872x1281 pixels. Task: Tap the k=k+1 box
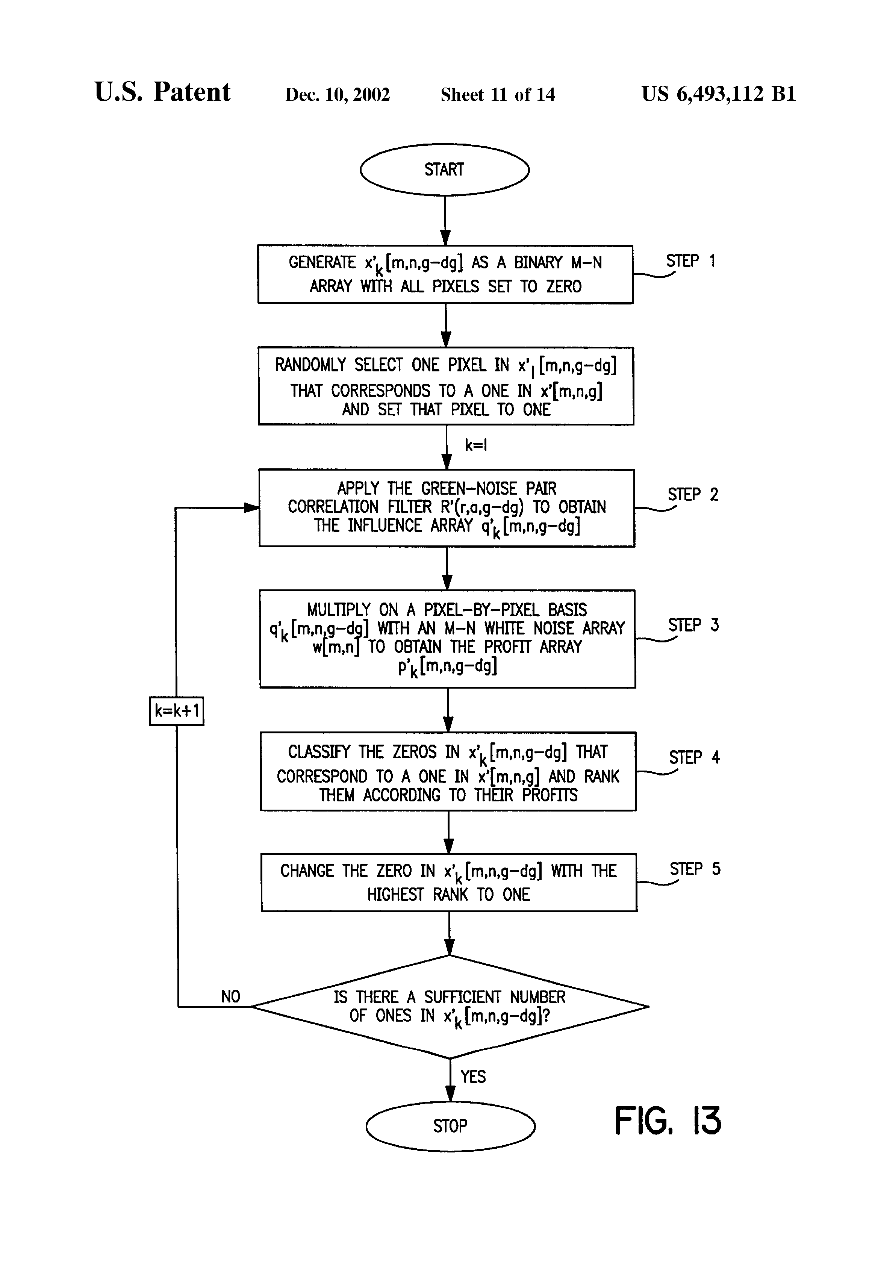point(176,711)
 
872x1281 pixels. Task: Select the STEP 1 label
point(691,261)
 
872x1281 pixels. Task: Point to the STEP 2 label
point(693,494)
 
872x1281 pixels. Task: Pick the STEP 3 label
point(693,625)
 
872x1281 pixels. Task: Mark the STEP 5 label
point(695,869)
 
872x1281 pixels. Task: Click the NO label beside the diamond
point(231,996)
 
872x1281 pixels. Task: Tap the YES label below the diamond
point(473,1077)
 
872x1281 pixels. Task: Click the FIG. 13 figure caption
point(668,1120)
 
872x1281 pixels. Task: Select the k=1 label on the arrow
point(476,445)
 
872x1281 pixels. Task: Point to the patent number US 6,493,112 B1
point(719,94)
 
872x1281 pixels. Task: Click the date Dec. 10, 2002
point(337,95)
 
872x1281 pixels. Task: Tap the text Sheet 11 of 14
point(498,95)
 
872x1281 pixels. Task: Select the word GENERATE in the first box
point(322,262)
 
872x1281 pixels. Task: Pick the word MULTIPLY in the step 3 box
point(338,610)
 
